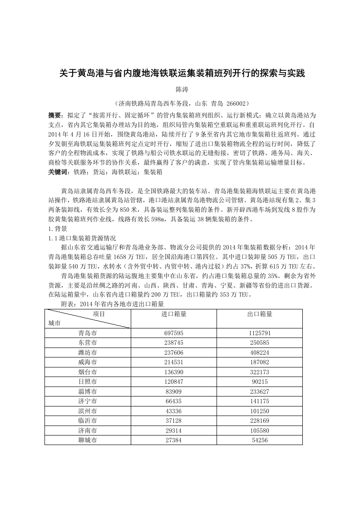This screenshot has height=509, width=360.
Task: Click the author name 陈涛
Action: [x=181, y=90]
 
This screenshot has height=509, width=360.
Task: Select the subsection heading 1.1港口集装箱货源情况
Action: [x=82, y=238]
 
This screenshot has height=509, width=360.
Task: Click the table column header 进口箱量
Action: [x=174, y=314]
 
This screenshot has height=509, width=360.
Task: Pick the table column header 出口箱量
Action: [x=260, y=314]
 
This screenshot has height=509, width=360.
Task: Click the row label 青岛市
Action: [x=88, y=333]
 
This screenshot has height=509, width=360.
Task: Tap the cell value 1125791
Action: [x=260, y=333]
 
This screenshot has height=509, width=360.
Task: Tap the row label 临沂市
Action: [x=88, y=421]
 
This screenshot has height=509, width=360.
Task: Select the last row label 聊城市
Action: [x=88, y=440]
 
